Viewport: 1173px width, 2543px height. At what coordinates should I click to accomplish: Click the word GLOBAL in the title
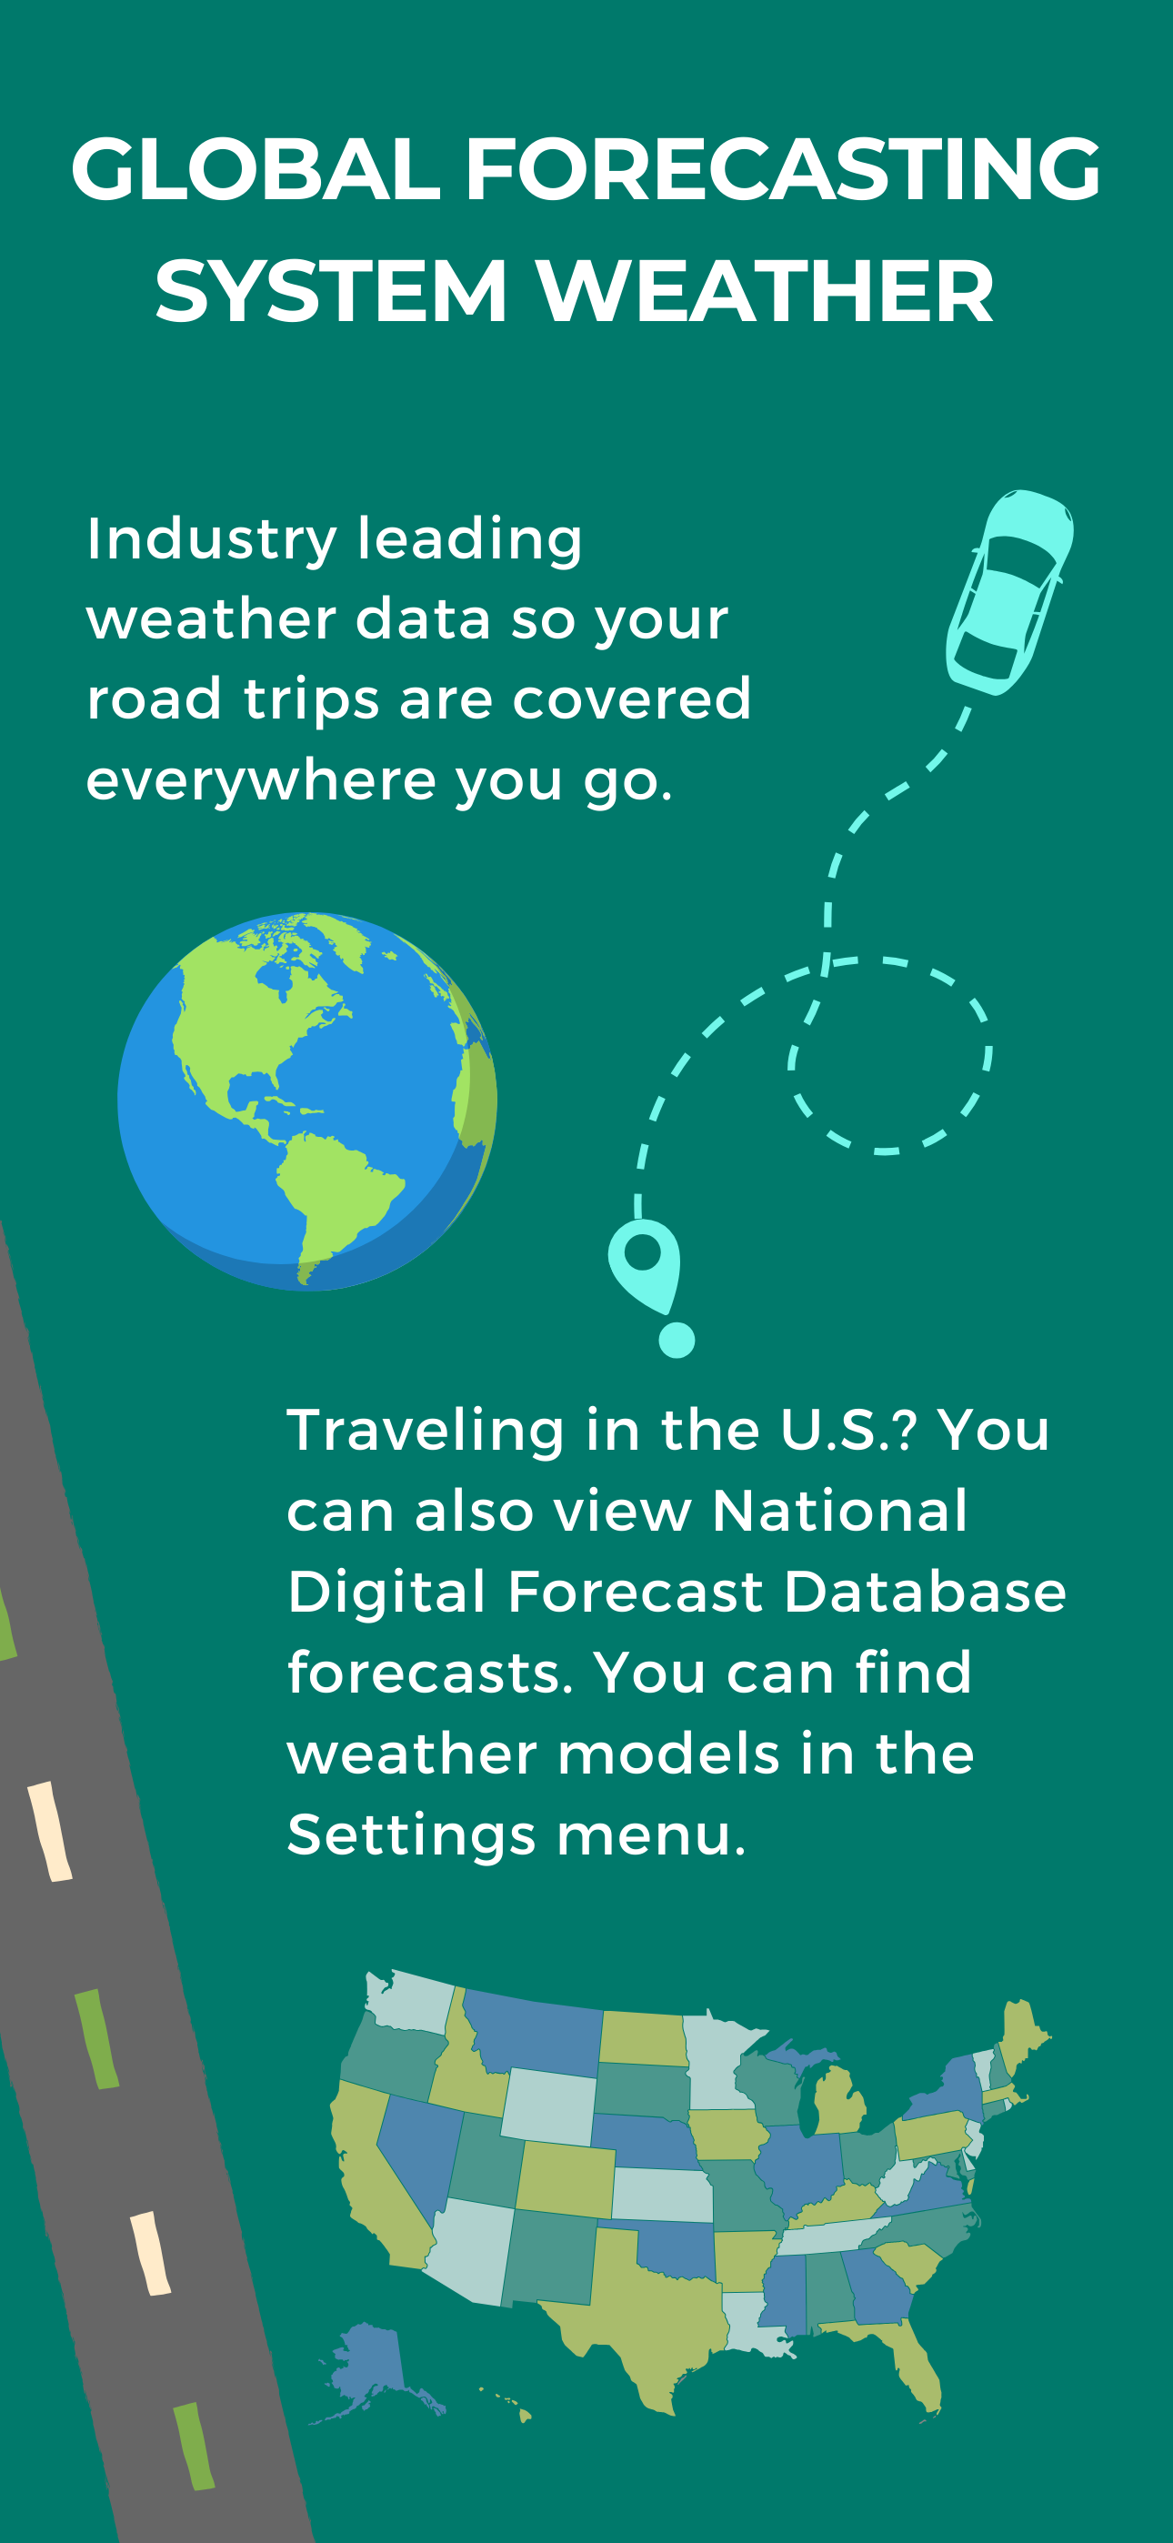coord(256,169)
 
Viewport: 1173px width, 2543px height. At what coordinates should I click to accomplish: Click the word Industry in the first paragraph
coord(211,540)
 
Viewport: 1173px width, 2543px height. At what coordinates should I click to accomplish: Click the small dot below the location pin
coord(677,1340)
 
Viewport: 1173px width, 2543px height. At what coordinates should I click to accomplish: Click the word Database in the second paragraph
coord(925,1593)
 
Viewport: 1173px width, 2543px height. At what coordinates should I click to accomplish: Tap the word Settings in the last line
coord(411,1835)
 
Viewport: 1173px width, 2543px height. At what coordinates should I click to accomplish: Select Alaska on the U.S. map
coord(371,2369)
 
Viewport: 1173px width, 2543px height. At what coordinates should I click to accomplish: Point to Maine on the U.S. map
coord(1022,2033)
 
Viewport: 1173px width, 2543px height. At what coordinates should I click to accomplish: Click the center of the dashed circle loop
coord(889,1055)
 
